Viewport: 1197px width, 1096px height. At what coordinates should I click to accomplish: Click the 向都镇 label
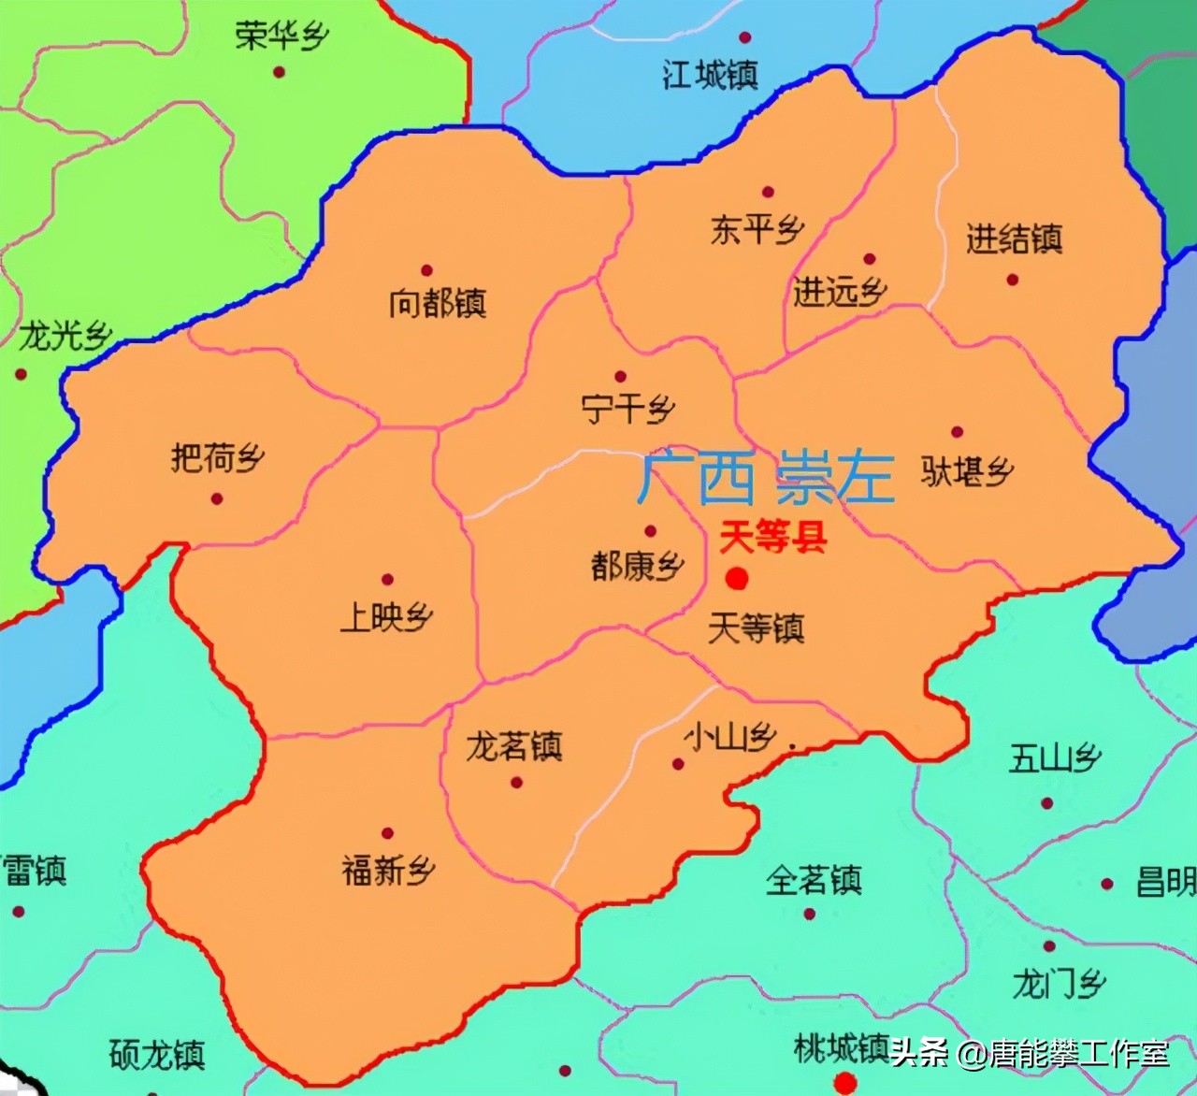click(437, 304)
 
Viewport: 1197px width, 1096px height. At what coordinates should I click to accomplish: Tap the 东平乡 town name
click(757, 230)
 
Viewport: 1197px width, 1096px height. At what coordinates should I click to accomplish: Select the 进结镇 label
click(1014, 239)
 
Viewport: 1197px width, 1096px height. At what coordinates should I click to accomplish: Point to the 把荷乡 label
click(217, 458)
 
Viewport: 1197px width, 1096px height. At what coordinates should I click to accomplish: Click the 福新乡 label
click(388, 872)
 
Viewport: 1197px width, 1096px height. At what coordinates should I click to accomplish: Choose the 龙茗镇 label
click(513, 747)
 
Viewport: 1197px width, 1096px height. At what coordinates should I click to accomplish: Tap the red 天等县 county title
click(772, 539)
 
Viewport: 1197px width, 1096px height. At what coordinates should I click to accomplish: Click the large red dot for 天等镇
click(737, 579)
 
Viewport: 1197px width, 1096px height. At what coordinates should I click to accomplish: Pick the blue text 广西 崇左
click(765, 478)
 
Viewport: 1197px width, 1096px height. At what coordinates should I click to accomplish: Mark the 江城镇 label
click(710, 75)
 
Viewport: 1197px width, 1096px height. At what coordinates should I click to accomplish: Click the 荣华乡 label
click(281, 37)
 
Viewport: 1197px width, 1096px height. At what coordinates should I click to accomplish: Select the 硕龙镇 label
click(156, 1056)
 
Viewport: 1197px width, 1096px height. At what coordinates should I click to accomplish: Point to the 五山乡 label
click(1054, 758)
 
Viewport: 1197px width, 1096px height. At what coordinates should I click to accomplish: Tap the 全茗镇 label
click(813, 880)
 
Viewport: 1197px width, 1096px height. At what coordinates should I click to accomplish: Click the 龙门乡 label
click(1059, 984)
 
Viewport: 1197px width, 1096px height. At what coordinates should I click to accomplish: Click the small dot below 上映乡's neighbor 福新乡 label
click(387, 833)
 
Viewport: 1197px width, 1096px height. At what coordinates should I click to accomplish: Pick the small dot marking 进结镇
click(1012, 279)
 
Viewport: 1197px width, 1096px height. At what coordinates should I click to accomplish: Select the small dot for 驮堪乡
click(957, 432)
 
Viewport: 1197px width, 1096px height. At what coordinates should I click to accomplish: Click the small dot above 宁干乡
click(619, 376)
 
